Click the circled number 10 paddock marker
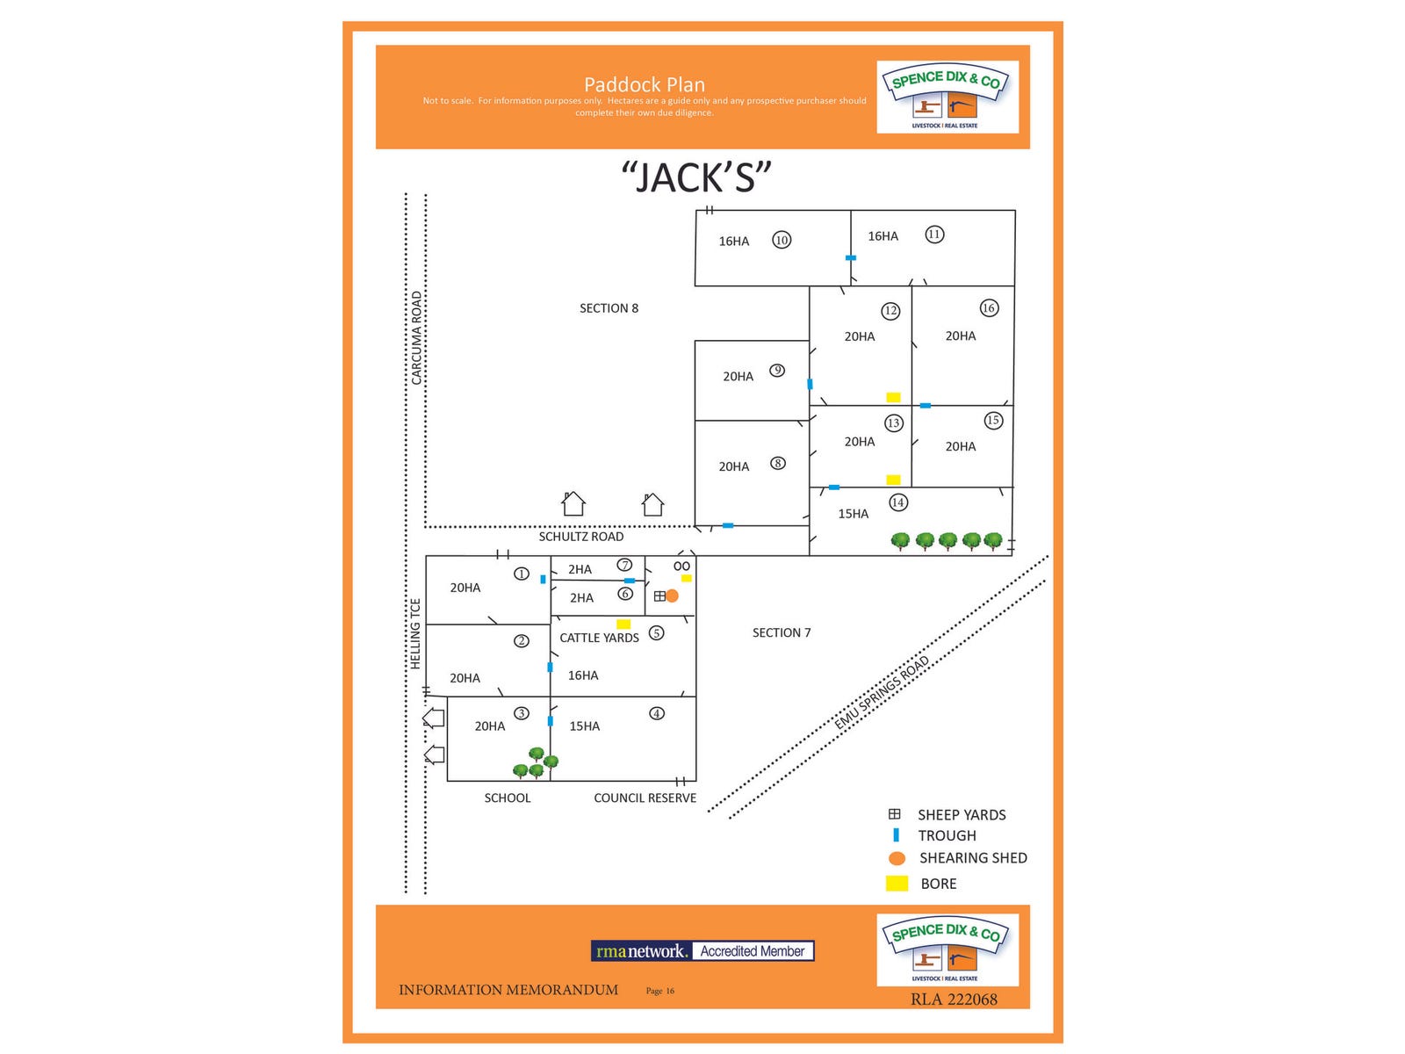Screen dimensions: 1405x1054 (781, 240)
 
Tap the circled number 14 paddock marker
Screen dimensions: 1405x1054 (897, 502)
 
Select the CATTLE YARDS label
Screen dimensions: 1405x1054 (599, 638)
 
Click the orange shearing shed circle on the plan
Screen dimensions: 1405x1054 (672, 596)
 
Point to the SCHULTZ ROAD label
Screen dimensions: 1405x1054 (580, 537)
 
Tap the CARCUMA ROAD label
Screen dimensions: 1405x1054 (416, 338)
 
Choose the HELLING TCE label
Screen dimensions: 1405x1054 (415, 633)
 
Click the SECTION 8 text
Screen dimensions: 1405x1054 (609, 308)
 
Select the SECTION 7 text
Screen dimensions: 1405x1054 (781, 632)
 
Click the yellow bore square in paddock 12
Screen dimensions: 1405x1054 (893, 397)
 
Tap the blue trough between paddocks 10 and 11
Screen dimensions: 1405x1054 (850, 257)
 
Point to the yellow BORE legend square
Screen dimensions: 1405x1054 (897, 884)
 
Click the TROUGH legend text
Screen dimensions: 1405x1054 (947, 835)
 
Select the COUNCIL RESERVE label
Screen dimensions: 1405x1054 (645, 798)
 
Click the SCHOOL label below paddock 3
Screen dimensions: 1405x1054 (508, 798)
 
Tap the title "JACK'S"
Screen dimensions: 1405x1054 (695, 177)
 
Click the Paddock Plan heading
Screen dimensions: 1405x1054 (645, 84)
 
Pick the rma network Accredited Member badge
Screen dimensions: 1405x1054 (702, 950)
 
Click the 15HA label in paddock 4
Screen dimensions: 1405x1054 (584, 726)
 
